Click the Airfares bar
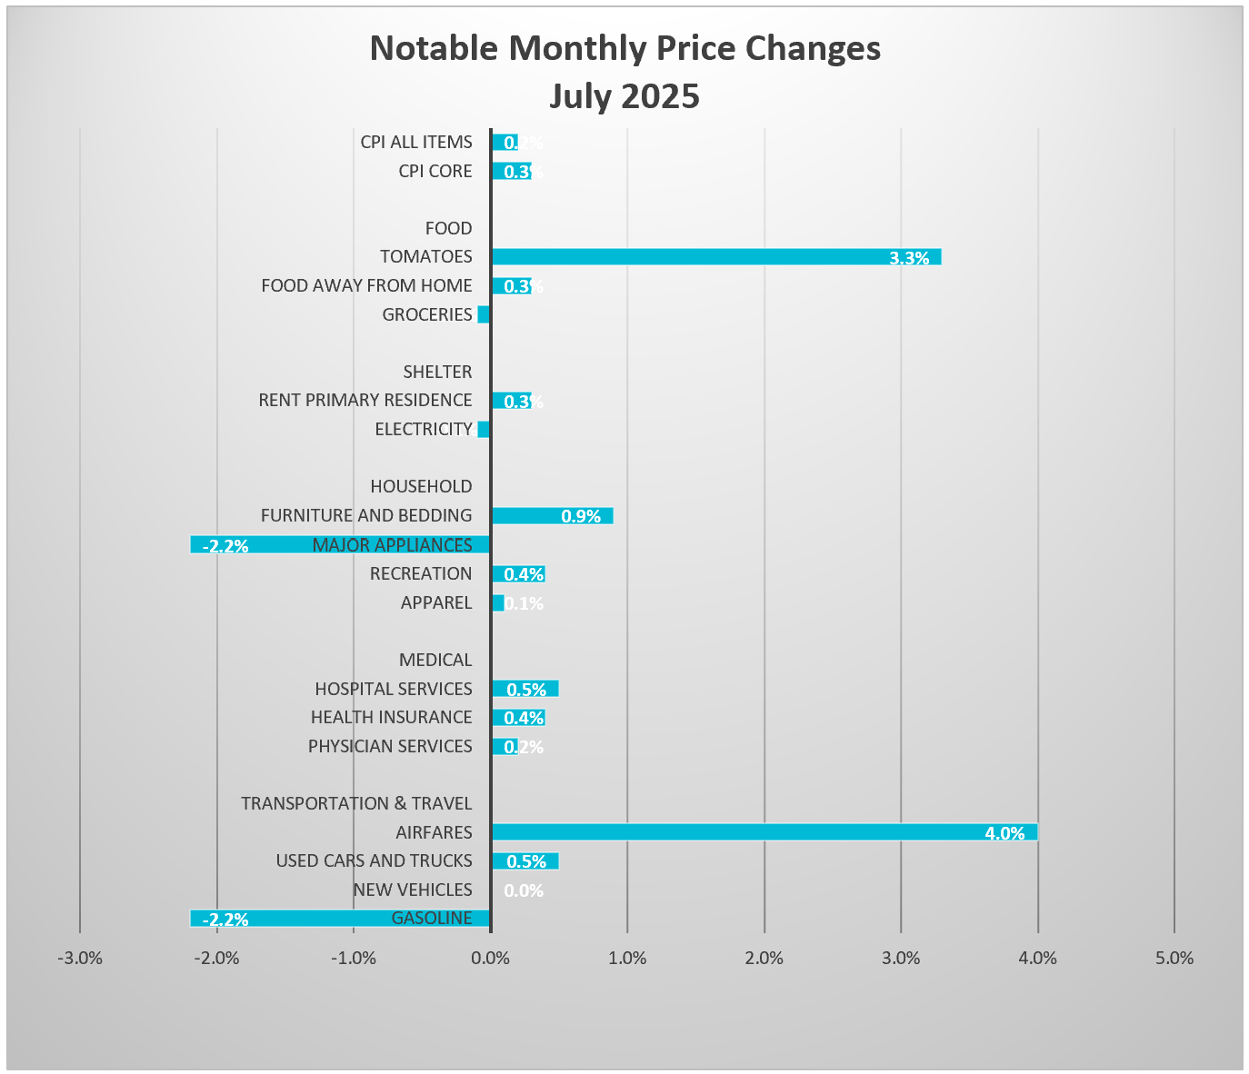(764, 832)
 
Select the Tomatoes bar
(715, 257)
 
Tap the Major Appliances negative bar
(339, 545)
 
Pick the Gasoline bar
(339, 919)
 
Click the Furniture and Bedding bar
(552, 516)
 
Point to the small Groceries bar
(484, 314)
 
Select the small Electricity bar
(484, 430)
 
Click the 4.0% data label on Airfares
(1004, 833)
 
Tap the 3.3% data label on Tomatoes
(909, 258)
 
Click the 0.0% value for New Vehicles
(524, 890)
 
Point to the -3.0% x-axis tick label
(80, 959)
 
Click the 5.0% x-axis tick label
(1174, 959)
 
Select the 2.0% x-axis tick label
(764, 959)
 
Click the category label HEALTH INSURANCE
(391, 718)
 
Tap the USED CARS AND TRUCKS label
(374, 860)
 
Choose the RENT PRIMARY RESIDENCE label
(365, 401)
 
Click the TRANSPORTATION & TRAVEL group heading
(356, 803)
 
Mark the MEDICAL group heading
(435, 660)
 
